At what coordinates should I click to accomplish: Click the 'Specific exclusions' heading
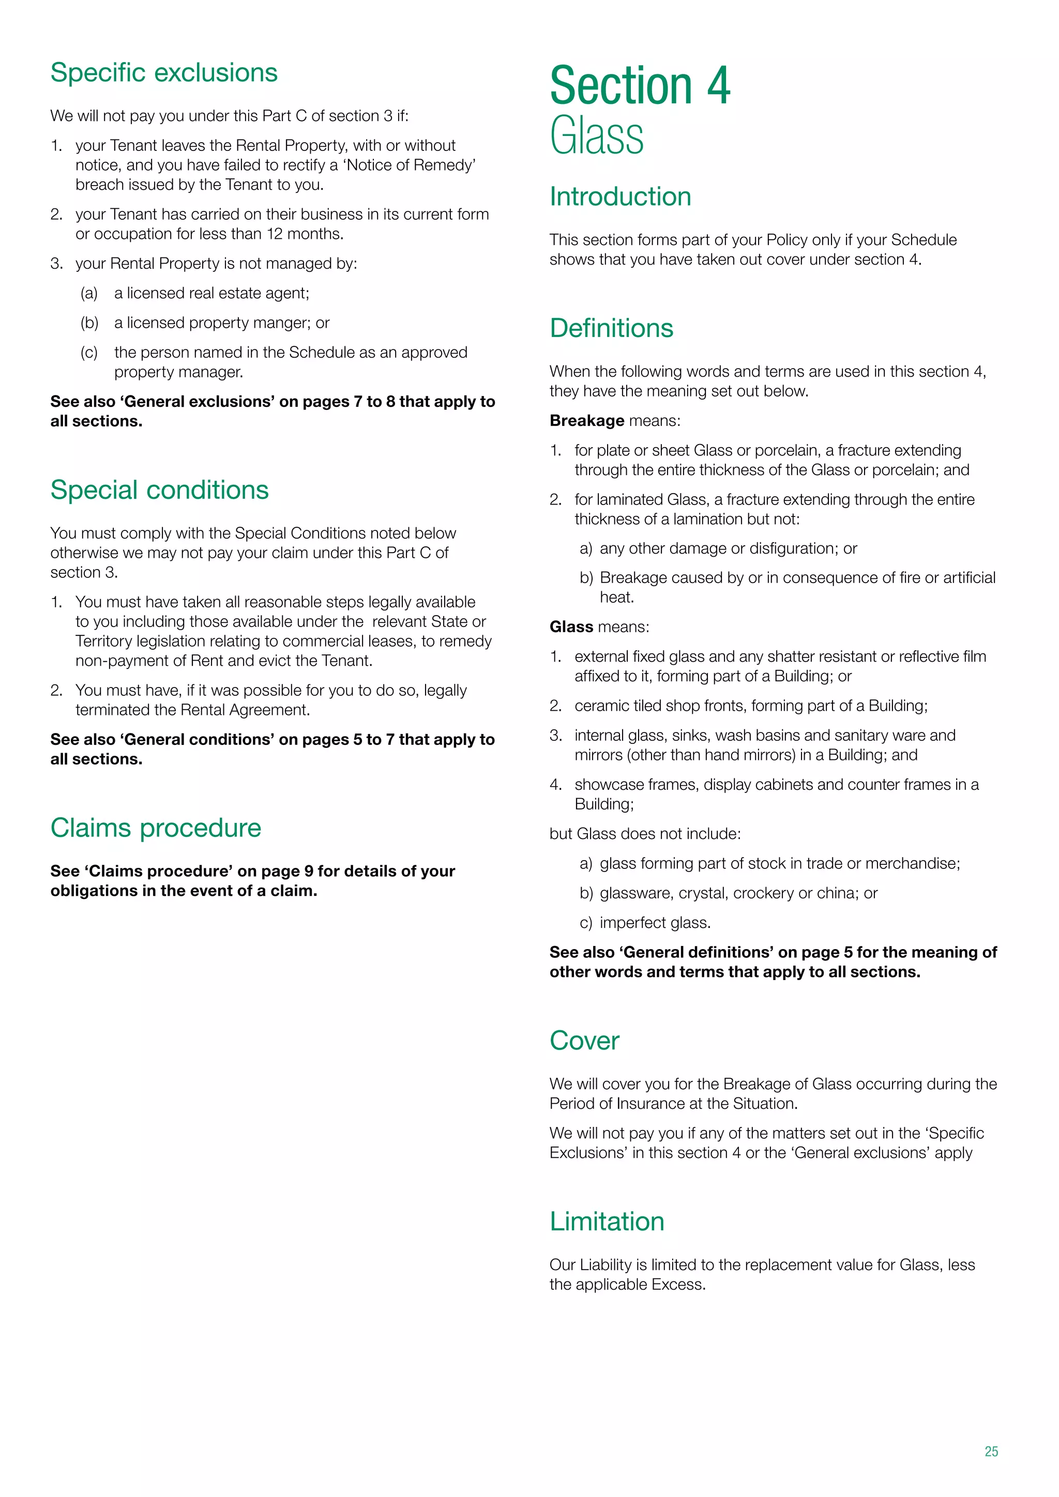(164, 72)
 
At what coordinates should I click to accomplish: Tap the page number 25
(991, 1452)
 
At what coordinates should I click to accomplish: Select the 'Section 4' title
(640, 85)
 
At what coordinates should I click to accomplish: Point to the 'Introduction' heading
(620, 196)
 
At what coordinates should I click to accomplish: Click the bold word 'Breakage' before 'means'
(587, 421)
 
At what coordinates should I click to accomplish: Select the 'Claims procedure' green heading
(156, 828)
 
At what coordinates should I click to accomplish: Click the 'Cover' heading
(584, 1040)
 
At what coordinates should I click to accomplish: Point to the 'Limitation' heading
(607, 1221)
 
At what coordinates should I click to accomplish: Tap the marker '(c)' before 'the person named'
(89, 353)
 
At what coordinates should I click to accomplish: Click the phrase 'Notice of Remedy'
(411, 165)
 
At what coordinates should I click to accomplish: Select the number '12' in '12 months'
(275, 234)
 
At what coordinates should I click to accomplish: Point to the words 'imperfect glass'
(654, 923)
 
